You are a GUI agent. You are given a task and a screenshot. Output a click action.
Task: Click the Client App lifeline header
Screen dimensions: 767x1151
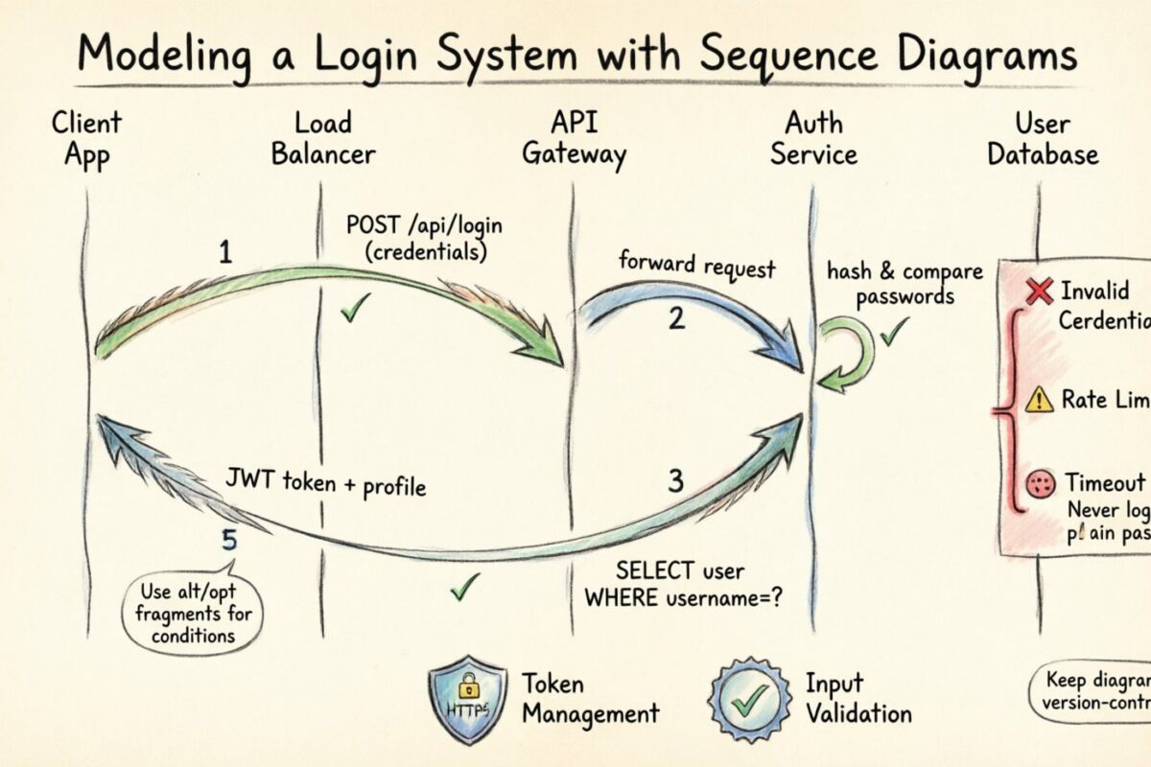[86, 138]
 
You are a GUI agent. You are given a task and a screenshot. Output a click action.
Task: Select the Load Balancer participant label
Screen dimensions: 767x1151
[323, 138]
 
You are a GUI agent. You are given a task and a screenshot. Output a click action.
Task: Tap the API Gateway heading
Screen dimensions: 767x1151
[574, 138]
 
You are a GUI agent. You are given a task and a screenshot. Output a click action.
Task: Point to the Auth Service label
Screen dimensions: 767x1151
[813, 138]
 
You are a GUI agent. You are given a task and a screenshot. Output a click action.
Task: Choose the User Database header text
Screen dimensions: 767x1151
[1043, 138]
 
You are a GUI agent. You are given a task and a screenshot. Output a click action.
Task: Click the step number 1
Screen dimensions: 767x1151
[225, 253]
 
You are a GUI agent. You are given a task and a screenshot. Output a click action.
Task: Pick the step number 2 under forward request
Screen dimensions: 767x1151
[676, 318]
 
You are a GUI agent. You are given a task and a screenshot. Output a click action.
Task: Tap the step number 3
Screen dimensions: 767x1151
[675, 481]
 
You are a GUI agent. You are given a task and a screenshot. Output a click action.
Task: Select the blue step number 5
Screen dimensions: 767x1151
[229, 541]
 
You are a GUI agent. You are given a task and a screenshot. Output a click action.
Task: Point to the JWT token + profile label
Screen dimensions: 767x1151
[325, 482]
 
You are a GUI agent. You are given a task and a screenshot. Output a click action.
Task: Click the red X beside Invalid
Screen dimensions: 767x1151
[1039, 291]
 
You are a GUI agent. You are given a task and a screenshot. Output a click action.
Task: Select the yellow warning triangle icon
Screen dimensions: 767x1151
[1039, 400]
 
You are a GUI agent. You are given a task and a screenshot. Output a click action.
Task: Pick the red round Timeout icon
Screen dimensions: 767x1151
[1040, 485]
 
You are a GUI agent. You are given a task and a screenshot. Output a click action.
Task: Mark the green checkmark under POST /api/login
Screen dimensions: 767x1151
[356, 309]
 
